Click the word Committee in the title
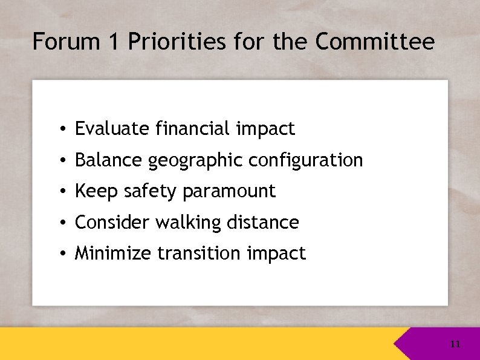coord(374,42)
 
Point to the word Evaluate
coord(112,129)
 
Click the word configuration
coord(306,160)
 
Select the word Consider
coord(112,223)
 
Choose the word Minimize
coord(113,254)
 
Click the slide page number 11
coord(455,344)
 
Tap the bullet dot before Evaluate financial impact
coord(63,129)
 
